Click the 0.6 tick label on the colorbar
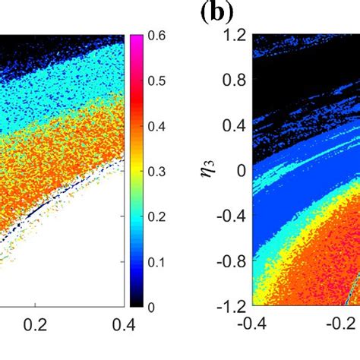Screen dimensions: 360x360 (x=156, y=35)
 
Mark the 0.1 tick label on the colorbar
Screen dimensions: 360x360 (x=156, y=261)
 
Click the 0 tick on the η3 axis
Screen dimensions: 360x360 (x=238, y=171)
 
